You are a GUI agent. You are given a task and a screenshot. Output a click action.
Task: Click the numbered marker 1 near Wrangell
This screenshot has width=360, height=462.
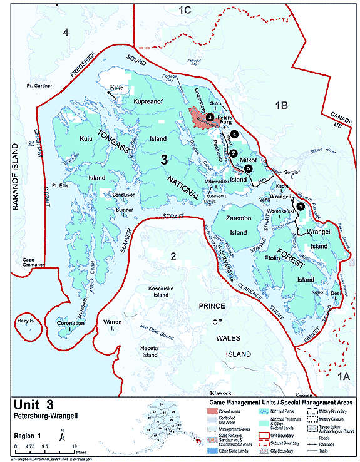[x=300, y=205]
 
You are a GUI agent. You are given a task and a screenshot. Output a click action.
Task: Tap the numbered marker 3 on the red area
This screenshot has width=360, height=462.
[x=210, y=116]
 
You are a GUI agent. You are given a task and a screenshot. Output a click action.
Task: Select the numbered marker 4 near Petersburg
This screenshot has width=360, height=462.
[x=234, y=134]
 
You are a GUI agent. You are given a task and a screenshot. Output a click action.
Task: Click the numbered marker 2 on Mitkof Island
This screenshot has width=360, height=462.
[x=233, y=153]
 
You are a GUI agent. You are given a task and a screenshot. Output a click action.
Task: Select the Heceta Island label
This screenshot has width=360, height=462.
[x=150, y=351]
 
